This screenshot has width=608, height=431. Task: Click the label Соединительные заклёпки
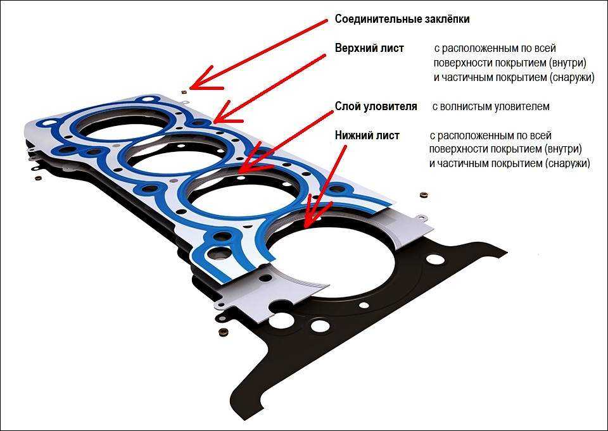[402, 19]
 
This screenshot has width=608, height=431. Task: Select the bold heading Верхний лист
[369, 48]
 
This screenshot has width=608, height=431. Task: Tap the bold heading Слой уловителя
[376, 106]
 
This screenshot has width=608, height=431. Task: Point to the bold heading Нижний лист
[367, 135]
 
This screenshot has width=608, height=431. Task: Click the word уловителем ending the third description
[521, 106]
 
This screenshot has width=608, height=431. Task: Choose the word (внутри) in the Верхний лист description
[567, 63]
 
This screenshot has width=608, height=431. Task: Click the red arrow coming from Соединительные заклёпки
[259, 54]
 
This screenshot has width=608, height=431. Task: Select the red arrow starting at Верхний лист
[270, 89]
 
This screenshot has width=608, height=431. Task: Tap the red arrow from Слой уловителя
[286, 142]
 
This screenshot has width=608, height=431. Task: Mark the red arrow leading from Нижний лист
[325, 186]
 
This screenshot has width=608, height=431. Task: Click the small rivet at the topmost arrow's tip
[184, 92]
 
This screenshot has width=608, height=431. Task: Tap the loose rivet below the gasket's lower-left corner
[223, 332]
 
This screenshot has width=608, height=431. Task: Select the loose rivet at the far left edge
[38, 178]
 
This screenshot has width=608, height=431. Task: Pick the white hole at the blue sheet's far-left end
[49, 123]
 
